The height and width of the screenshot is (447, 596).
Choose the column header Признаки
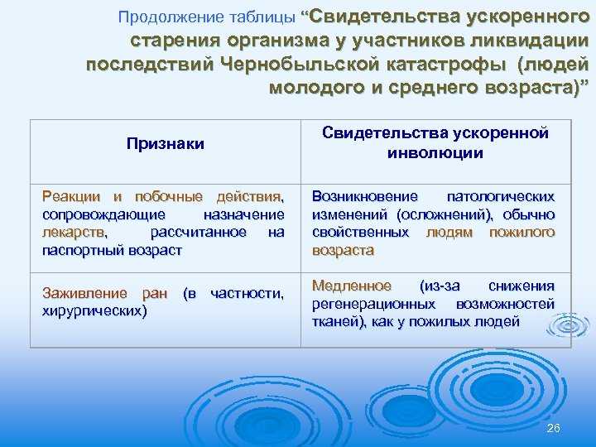166,143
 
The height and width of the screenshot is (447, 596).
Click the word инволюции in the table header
435,153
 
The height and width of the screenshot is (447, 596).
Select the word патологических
501,197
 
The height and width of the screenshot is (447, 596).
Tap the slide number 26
555,427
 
